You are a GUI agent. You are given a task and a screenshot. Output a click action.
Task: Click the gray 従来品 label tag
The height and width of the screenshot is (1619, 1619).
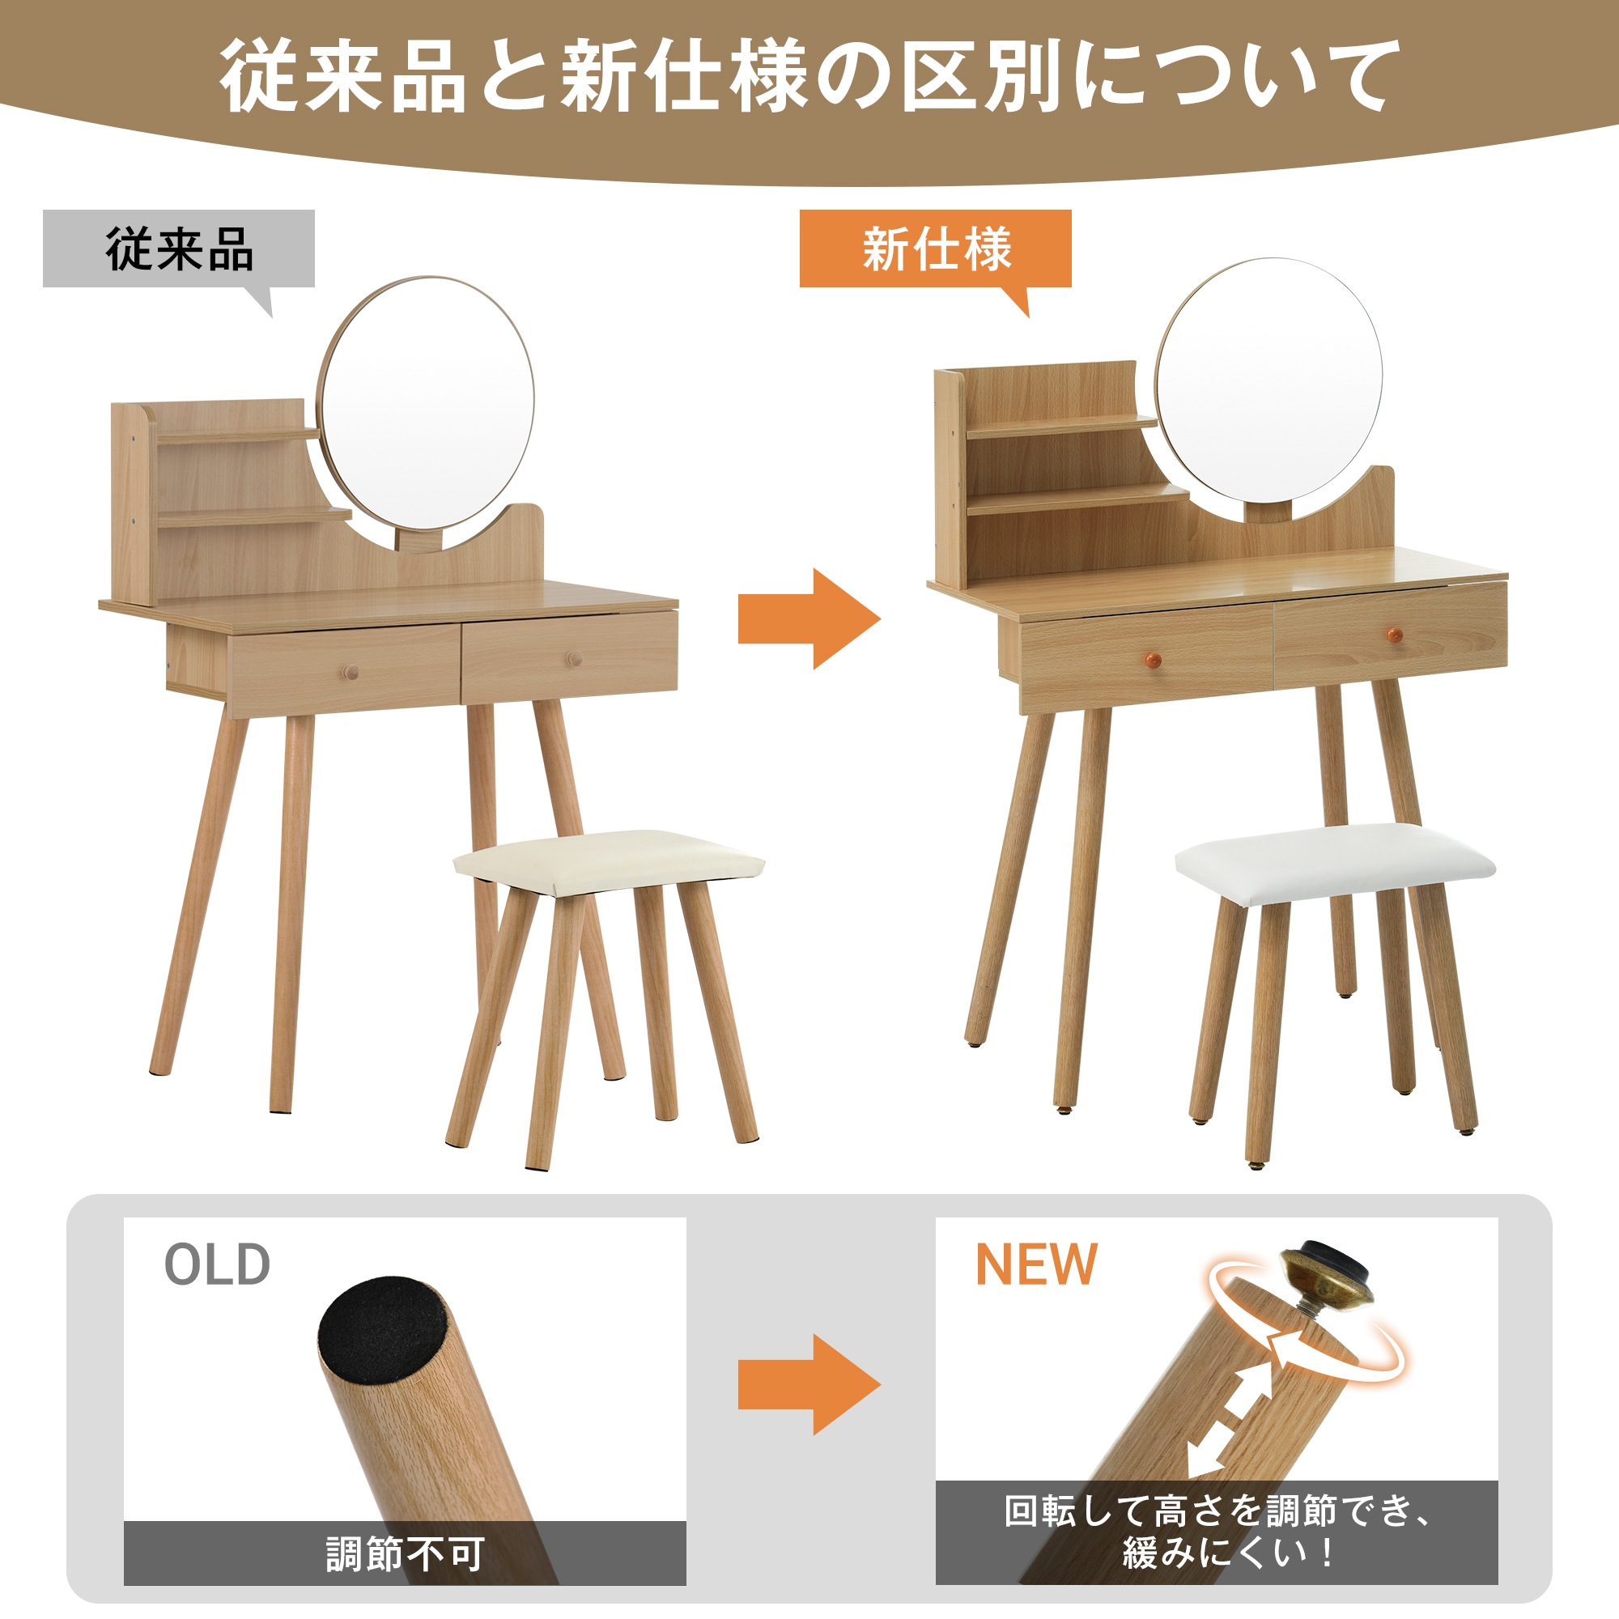pyautogui.click(x=178, y=249)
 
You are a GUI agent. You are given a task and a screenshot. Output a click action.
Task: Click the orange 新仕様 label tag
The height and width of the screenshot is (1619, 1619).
pyautogui.click(x=935, y=249)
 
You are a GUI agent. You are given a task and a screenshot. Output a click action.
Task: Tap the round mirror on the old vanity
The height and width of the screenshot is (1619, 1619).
pyautogui.click(x=426, y=404)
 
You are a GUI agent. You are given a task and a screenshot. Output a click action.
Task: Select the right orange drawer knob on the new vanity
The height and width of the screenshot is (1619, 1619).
pyautogui.click(x=1395, y=635)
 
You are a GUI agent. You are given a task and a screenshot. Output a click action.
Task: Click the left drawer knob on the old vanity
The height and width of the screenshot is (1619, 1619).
pyautogui.click(x=351, y=671)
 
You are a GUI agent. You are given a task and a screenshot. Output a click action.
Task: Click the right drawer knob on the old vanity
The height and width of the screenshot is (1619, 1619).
pyautogui.click(x=574, y=660)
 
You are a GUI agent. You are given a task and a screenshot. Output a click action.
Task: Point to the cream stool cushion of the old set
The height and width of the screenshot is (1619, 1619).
pyautogui.click(x=610, y=860)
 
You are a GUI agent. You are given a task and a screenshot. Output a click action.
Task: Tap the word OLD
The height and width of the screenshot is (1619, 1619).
pyautogui.click(x=217, y=1264)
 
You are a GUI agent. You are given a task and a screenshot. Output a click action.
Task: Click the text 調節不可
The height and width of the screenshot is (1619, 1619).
pyautogui.click(x=405, y=1554)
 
